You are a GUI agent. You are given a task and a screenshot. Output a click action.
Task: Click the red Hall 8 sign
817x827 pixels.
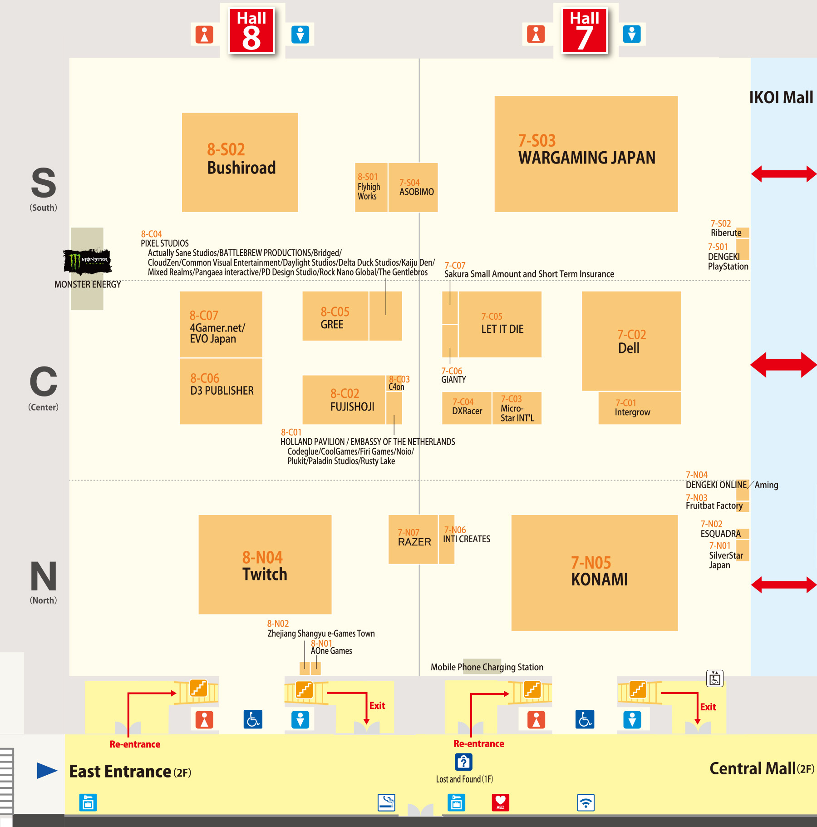point(251,30)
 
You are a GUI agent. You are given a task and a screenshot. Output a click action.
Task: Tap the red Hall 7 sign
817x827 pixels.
point(584,30)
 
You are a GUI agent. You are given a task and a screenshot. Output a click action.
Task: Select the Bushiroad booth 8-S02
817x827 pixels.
point(240,162)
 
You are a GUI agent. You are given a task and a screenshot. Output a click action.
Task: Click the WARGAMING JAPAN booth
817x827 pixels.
point(586,154)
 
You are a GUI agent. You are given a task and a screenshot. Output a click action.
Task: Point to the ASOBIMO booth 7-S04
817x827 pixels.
point(413,188)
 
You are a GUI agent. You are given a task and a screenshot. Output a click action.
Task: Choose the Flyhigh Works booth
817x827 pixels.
point(371,188)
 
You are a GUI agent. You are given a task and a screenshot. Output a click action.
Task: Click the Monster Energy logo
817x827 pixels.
point(87,261)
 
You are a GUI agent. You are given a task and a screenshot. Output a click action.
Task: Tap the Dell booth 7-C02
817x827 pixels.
point(631,341)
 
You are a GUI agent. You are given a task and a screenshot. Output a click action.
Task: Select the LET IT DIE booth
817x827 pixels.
point(500,324)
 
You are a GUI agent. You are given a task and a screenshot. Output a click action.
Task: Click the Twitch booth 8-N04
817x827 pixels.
point(265,565)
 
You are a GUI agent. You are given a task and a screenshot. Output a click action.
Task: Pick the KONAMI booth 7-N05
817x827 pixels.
point(594,573)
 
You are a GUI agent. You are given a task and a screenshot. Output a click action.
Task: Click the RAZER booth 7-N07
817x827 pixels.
point(413,539)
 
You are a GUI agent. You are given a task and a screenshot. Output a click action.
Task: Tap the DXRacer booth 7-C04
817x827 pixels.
point(467,408)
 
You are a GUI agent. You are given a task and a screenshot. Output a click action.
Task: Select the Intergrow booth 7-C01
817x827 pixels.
point(639,408)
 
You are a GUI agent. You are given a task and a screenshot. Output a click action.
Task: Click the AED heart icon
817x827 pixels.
point(500,802)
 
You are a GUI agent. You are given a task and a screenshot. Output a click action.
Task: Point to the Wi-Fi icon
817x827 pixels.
point(586,802)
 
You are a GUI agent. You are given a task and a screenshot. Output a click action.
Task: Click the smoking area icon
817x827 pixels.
point(386,802)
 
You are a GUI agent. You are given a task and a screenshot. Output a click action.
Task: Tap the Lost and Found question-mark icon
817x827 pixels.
point(463,762)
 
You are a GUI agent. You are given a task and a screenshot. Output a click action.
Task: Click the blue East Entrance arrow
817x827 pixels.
point(47,770)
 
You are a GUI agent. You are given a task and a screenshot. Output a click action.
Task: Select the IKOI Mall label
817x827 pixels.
point(781,98)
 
